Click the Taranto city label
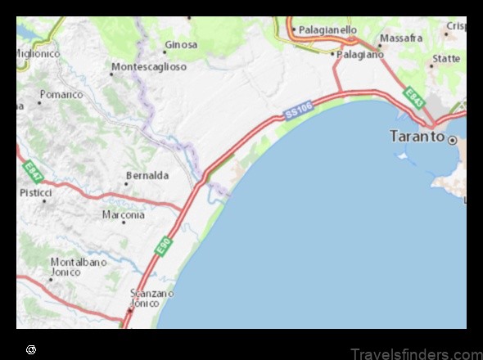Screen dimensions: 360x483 (417, 137)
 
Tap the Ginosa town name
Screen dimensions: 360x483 (181, 44)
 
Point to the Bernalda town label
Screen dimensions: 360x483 (147, 175)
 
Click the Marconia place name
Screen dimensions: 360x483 (124, 214)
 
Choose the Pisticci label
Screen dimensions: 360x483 (36, 192)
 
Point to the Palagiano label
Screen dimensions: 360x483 (361, 54)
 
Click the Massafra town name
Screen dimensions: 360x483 (401, 38)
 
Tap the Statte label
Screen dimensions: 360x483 (446, 59)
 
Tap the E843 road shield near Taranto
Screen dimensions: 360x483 (414, 98)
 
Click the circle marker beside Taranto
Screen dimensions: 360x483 (452, 140)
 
